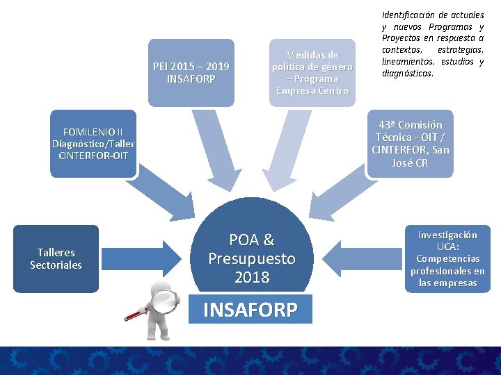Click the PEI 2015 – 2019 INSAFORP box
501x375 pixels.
pos(191,73)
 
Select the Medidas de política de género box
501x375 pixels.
pos(312,72)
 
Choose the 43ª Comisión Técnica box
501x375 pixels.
pos(411,144)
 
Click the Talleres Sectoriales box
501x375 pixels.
pos(56,258)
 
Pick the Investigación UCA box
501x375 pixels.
pos(447,258)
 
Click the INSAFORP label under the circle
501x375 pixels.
pos(250,309)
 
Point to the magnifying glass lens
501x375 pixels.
pos(165,301)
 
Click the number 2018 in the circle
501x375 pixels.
pos(252,278)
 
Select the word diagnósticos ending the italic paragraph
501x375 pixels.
pos(407,73)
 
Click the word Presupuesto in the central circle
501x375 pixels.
pos(252,259)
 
